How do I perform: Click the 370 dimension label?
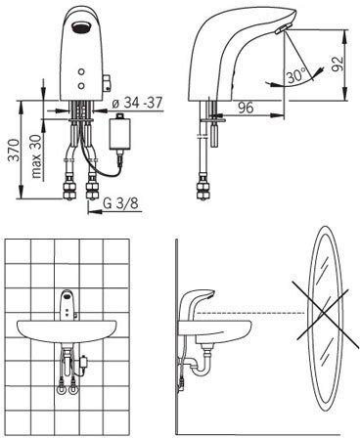(x=15, y=150)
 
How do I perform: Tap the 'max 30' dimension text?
(x=36, y=156)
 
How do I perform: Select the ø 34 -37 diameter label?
(x=137, y=103)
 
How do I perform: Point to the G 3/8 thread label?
(x=120, y=203)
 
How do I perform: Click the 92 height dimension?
(x=337, y=64)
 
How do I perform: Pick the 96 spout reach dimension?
(x=246, y=108)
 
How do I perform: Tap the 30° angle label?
(x=296, y=76)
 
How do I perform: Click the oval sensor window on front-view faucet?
(x=81, y=26)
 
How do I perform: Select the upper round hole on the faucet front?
(x=81, y=71)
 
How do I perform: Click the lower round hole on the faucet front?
(x=81, y=86)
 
